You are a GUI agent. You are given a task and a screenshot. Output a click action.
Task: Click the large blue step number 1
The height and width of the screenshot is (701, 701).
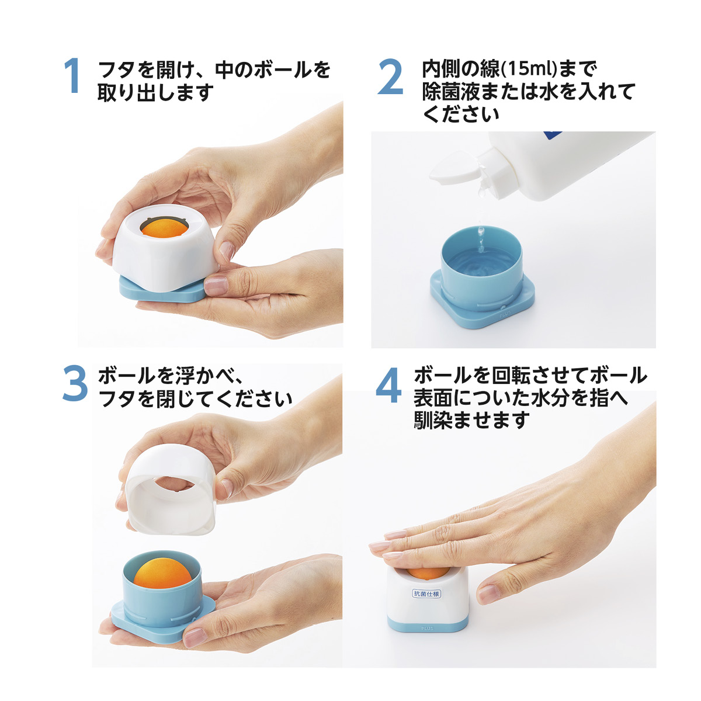click(x=72, y=75)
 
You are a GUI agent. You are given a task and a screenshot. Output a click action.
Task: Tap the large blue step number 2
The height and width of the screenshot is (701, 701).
click(x=390, y=77)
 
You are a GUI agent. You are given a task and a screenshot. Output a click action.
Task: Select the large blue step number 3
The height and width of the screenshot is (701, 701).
click(x=75, y=383)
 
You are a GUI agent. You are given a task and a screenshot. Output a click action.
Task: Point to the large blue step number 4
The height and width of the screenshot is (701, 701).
click(x=388, y=385)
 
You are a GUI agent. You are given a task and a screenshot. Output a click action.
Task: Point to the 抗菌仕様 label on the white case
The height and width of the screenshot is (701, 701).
click(x=426, y=594)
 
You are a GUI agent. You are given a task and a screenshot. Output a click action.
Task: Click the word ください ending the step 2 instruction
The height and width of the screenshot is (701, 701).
click(x=460, y=114)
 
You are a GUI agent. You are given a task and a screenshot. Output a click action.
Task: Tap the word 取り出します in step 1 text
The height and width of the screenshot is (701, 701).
click(x=155, y=92)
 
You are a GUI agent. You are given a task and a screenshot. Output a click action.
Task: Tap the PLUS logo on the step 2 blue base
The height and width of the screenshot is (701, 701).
click(x=505, y=313)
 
